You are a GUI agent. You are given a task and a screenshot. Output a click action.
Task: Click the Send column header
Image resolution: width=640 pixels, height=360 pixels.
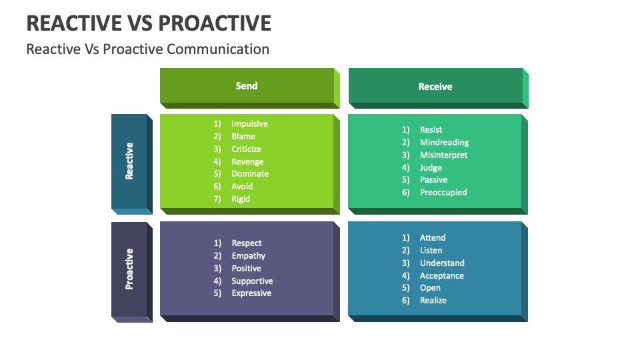coord(247,86)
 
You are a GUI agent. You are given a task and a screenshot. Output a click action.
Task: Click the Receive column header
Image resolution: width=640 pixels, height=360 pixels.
coord(435,87)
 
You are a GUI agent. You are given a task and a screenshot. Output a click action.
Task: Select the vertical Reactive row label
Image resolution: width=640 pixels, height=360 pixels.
coord(129,161)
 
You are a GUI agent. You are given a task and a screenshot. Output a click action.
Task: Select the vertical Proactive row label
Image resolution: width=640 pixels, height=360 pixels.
coord(129,269)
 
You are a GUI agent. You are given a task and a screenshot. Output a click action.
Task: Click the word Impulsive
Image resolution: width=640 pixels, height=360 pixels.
coord(249,124)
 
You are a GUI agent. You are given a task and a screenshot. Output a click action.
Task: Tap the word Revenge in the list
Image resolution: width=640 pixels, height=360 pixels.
coord(247,162)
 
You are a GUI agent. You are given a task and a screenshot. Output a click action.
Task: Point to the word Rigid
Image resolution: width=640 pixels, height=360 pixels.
coord(241,199)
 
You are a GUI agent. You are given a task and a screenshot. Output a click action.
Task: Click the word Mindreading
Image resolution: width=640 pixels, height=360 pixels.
coord(444,143)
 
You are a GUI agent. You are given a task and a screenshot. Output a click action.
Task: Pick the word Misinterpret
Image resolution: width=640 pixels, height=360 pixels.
coord(443,155)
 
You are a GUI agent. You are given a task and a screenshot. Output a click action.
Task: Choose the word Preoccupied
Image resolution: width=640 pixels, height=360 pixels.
coord(443,193)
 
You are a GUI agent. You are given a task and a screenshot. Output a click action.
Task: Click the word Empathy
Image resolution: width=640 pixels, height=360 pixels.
coord(248,256)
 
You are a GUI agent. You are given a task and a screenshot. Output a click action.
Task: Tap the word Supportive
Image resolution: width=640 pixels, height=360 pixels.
coord(252,281)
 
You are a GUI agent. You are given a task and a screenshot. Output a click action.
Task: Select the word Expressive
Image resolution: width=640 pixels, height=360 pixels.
coord(251,293)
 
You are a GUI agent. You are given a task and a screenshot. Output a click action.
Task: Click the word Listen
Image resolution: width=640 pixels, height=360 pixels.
coord(431,251)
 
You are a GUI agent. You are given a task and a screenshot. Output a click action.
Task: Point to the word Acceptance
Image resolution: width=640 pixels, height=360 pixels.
coord(441,276)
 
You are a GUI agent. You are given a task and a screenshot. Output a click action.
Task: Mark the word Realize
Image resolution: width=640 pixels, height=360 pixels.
coord(433,301)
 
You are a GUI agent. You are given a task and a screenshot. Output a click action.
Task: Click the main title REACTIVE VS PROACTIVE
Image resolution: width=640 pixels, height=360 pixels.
coord(149,23)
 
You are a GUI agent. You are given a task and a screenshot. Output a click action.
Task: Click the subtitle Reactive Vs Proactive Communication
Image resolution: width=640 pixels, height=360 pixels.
coord(147,49)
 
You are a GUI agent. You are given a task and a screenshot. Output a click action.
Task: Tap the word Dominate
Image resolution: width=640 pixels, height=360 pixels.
coord(250,174)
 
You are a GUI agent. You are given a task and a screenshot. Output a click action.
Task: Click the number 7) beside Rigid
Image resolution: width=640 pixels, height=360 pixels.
coord(217,199)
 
